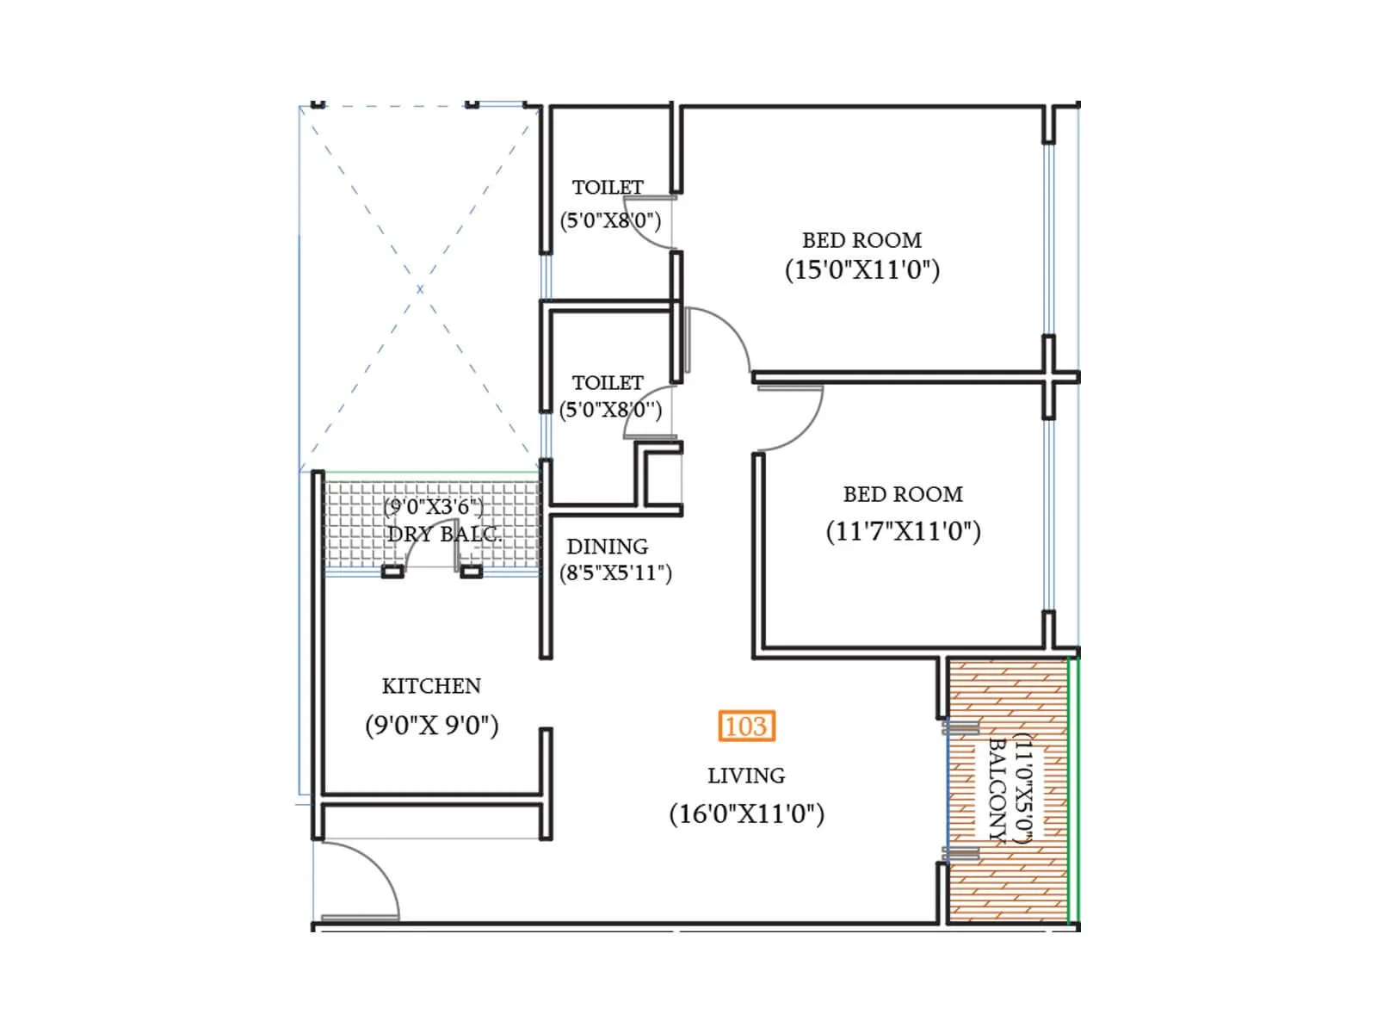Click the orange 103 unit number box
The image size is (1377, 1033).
(x=746, y=727)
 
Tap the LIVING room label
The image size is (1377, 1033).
(x=746, y=776)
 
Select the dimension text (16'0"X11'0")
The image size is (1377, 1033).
(x=746, y=813)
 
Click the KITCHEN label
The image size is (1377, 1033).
(x=431, y=686)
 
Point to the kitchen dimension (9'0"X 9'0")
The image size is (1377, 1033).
(x=431, y=725)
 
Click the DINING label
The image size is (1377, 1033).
(x=607, y=547)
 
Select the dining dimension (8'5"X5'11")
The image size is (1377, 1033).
(x=615, y=573)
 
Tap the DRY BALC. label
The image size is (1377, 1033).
(x=443, y=535)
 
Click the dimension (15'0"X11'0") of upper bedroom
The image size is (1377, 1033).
(x=861, y=270)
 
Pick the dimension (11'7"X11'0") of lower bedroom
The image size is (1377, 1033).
(x=903, y=531)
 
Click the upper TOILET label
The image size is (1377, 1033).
(x=608, y=188)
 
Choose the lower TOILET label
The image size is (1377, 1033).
(x=608, y=382)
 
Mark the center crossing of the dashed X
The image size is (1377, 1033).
(x=420, y=289)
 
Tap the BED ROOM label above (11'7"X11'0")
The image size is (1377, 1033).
(x=903, y=494)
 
